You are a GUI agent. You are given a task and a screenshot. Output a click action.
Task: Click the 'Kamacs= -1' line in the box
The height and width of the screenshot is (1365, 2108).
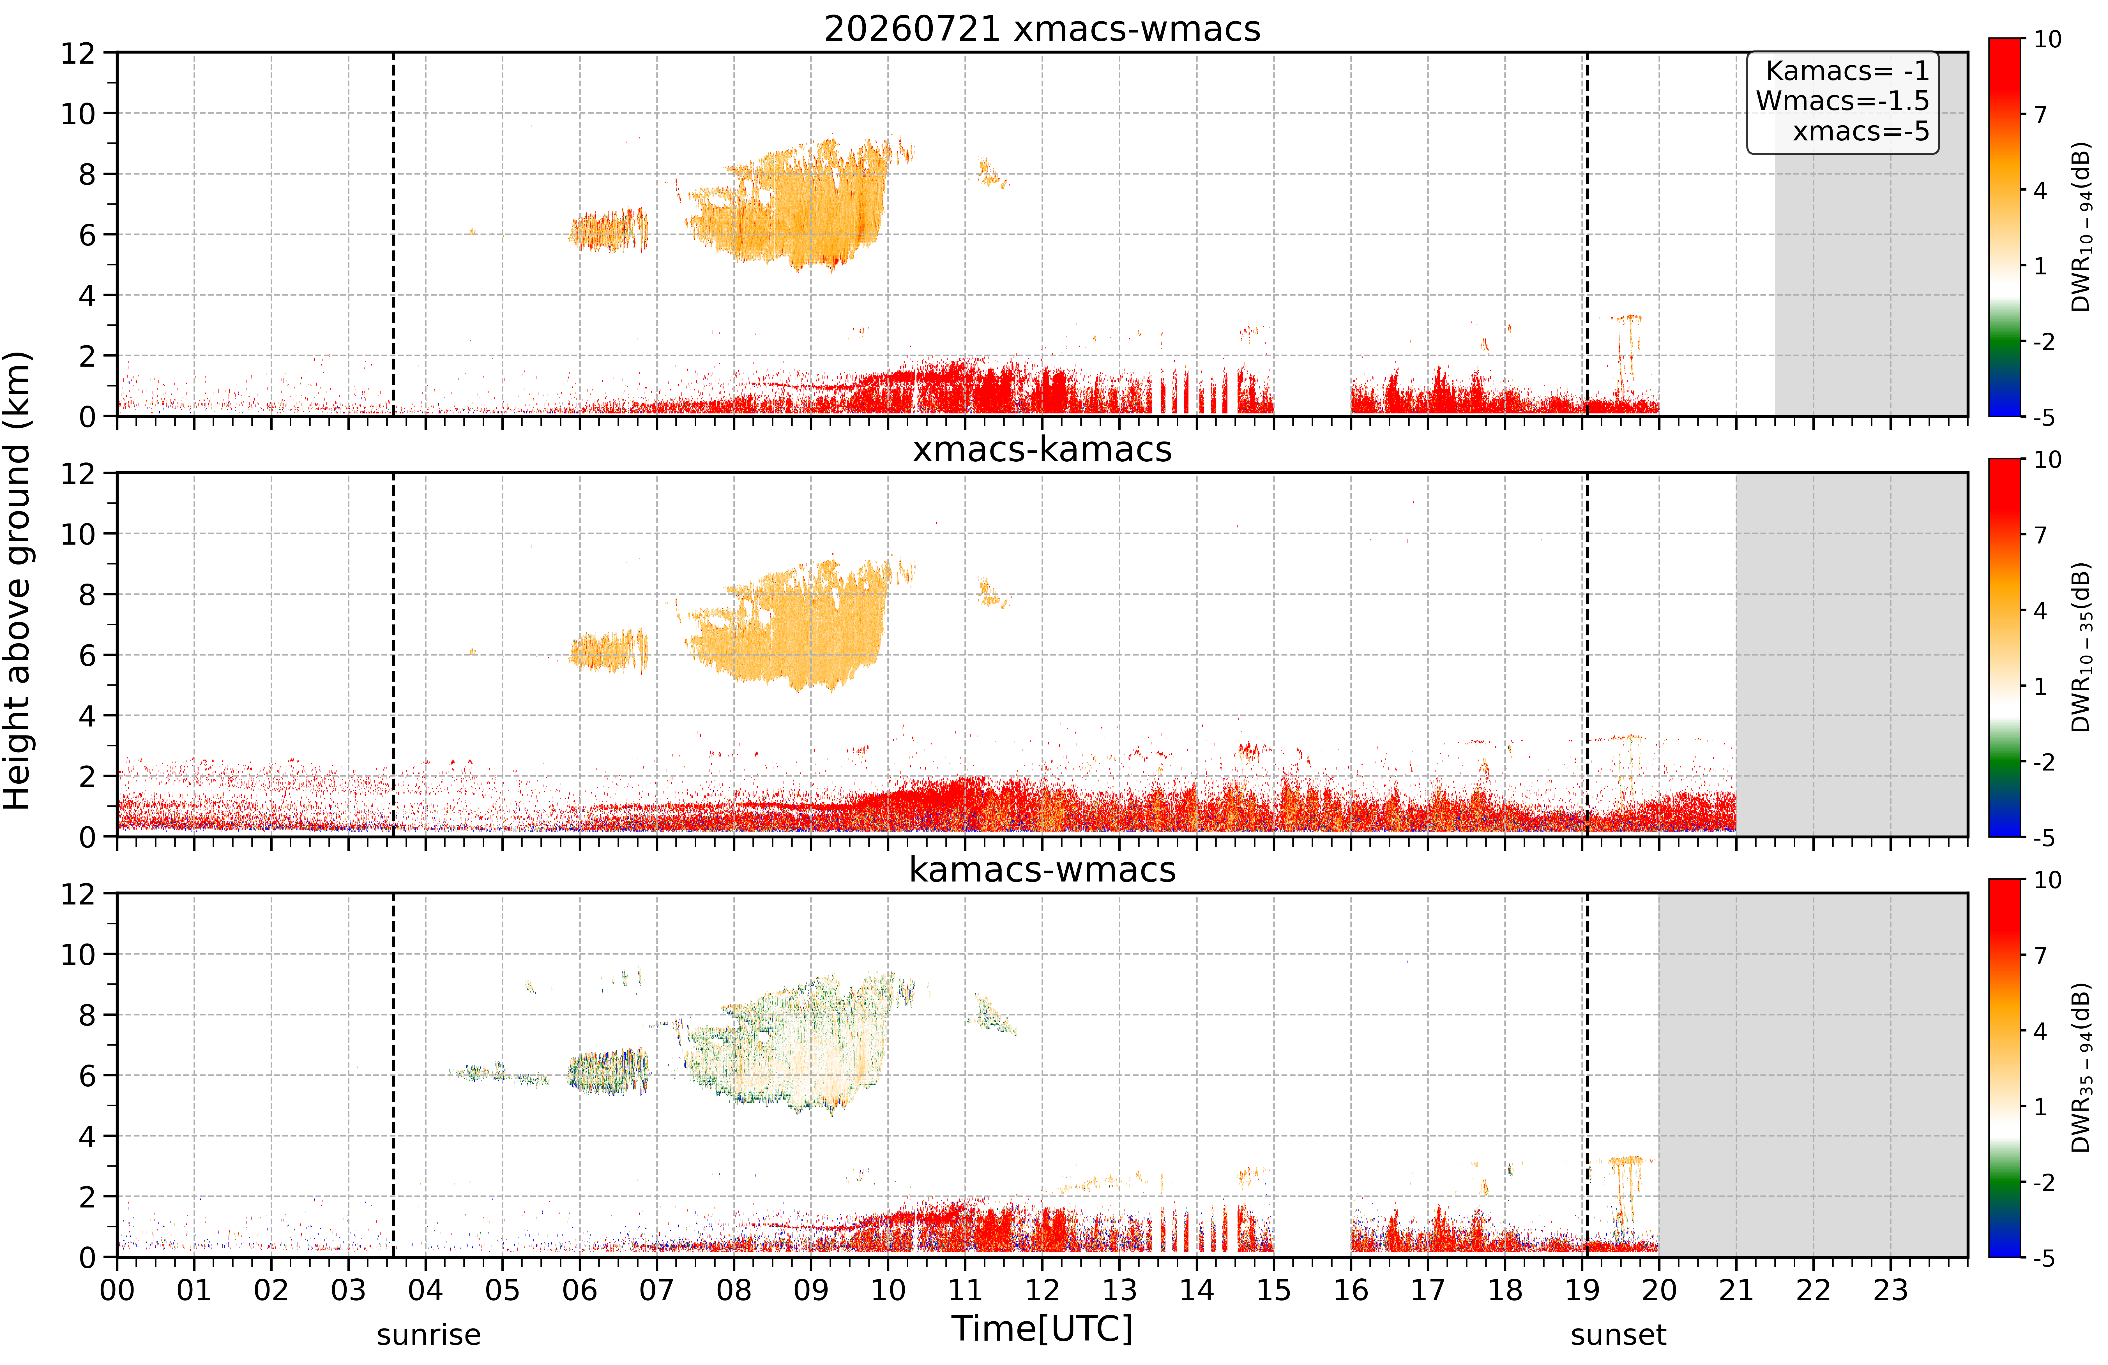[1847, 71]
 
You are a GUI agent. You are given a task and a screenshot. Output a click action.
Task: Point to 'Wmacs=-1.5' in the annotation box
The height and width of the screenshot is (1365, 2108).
[1842, 101]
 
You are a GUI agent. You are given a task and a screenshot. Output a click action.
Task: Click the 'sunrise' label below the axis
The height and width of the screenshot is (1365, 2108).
[429, 1335]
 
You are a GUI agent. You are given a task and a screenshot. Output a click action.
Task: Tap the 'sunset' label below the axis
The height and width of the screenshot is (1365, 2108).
[1618, 1335]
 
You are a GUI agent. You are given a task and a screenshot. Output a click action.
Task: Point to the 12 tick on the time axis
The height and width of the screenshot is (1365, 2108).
[1042, 1290]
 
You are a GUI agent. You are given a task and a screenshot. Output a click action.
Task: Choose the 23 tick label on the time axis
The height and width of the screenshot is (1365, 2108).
[1890, 1290]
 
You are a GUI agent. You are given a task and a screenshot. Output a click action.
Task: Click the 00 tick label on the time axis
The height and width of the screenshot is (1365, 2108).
[117, 1290]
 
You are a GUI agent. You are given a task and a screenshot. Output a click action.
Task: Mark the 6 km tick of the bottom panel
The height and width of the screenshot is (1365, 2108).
[87, 1075]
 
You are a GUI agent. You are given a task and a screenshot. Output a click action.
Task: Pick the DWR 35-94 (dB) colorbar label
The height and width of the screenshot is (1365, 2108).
[2081, 1068]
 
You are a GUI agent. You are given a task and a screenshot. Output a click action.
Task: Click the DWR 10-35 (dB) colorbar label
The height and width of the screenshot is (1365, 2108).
[2081, 648]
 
